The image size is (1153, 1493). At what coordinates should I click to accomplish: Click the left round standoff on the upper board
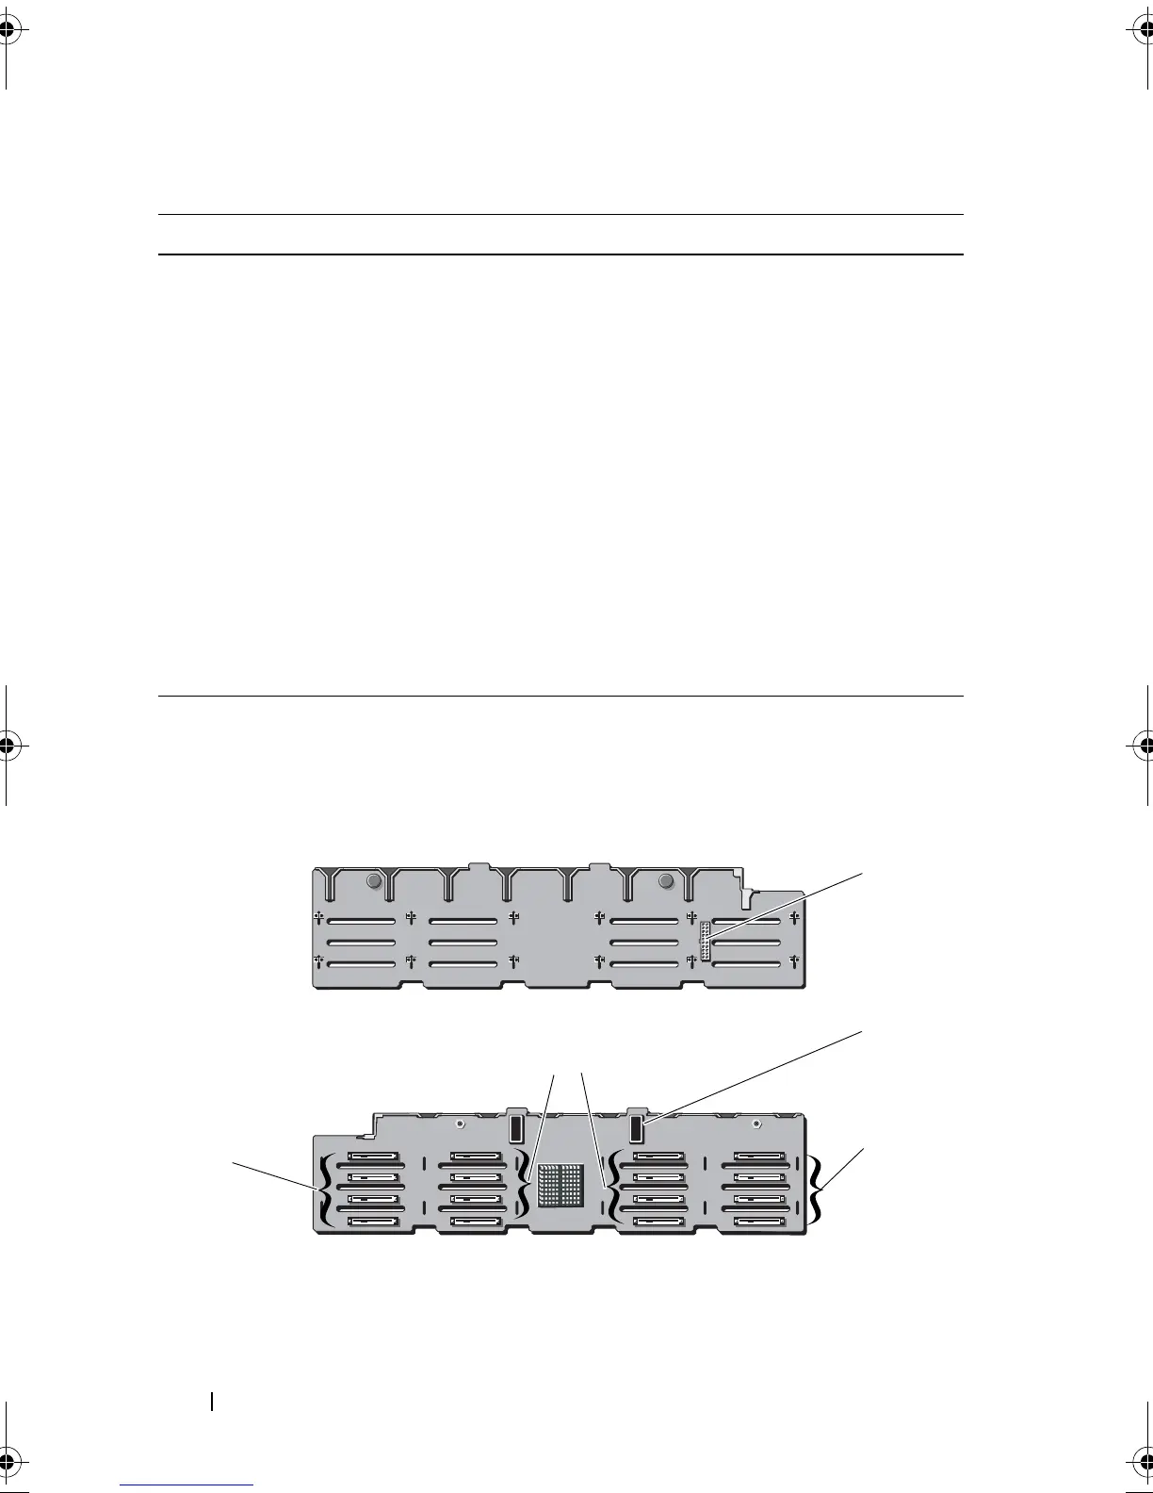(373, 881)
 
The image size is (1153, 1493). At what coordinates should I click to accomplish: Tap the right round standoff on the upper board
(667, 881)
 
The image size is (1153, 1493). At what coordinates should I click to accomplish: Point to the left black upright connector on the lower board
(515, 1128)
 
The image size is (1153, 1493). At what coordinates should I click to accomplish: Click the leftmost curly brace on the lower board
(325, 1190)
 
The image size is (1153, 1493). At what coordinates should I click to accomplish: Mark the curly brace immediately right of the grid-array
(613, 1189)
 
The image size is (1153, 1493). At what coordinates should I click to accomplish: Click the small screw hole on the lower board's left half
(458, 1124)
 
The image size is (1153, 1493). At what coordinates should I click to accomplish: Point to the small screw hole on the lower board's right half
(757, 1124)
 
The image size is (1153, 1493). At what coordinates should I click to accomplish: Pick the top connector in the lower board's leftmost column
(373, 1156)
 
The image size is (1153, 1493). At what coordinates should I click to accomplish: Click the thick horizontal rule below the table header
(560, 254)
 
